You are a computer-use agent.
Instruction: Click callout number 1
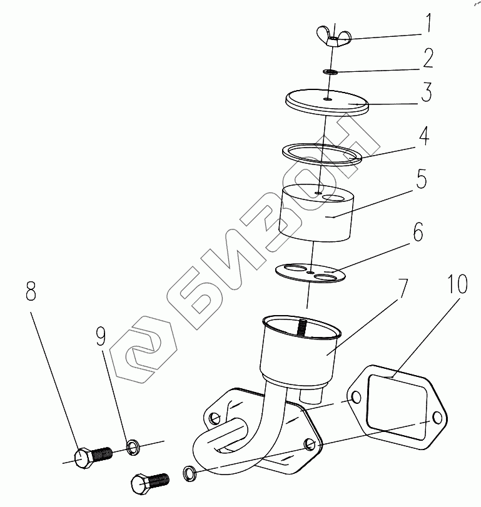428,23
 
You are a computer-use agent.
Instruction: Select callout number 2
428,58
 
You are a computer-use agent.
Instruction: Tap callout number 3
427,92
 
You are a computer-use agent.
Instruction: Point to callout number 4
423,136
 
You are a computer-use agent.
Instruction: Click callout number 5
421,179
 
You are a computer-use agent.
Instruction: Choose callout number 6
418,231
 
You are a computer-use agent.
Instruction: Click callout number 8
31,291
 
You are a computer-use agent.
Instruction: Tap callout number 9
101,336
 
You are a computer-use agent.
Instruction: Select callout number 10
457,284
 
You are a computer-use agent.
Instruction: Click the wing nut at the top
333,36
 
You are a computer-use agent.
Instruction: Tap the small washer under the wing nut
330,72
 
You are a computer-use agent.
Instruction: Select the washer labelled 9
133,447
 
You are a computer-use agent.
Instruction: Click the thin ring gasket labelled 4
322,154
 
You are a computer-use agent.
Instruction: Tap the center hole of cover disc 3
328,99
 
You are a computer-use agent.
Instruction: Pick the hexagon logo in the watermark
143,349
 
